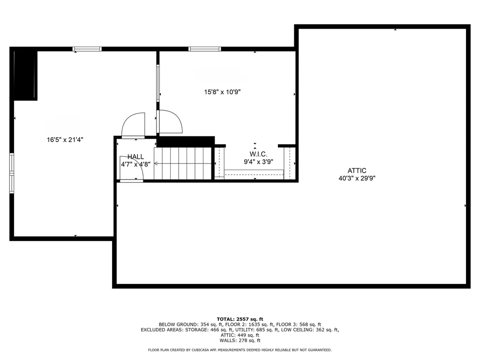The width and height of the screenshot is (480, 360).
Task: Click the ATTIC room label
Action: [x=357, y=171]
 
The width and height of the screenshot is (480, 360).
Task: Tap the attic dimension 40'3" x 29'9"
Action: [x=357, y=178]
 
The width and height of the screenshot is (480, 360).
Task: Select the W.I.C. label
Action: [x=258, y=154]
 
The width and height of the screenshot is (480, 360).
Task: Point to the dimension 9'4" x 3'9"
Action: [x=258, y=162]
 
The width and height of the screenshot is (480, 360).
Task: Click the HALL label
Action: [x=136, y=157]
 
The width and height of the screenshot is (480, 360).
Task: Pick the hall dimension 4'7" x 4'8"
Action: [x=136, y=165]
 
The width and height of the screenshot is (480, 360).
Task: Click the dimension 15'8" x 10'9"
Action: [x=222, y=92]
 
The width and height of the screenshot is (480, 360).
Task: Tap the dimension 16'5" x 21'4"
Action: [x=65, y=139]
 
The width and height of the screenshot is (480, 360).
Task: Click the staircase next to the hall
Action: [x=184, y=163]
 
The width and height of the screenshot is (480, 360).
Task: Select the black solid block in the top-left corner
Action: [x=25, y=75]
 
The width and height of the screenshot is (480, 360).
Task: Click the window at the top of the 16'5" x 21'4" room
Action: [x=87, y=49]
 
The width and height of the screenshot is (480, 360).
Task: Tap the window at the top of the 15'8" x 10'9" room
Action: [x=204, y=49]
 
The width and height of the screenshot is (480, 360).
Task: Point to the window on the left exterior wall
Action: [x=12, y=171]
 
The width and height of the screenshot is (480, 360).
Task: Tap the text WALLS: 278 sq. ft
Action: [x=240, y=341]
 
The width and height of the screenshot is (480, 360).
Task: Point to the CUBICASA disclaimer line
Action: [x=240, y=350]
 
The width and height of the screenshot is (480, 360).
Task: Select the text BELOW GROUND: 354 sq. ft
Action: [x=184, y=324]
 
